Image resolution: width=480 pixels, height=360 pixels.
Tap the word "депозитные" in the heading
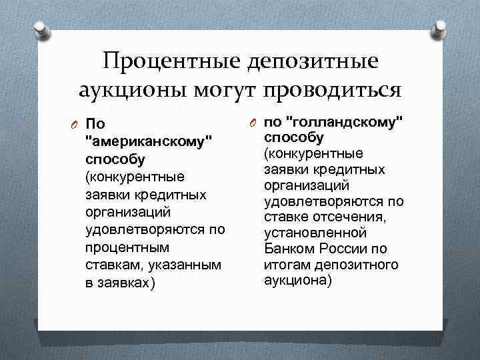[313, 62]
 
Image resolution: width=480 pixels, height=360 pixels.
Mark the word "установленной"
[315, 233]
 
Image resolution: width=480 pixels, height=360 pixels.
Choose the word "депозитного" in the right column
[361, 265]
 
